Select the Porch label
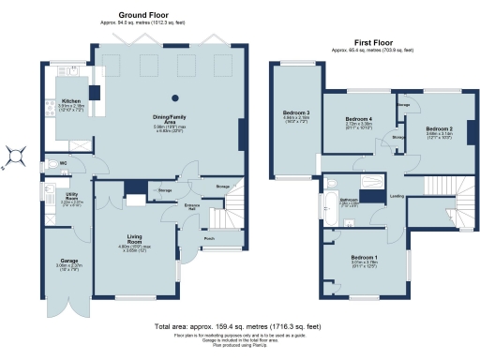click(207, 238)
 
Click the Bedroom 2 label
click(440, 128)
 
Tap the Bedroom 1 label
click(365, 258)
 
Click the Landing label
click(397, 196)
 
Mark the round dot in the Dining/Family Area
click(173, 97)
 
